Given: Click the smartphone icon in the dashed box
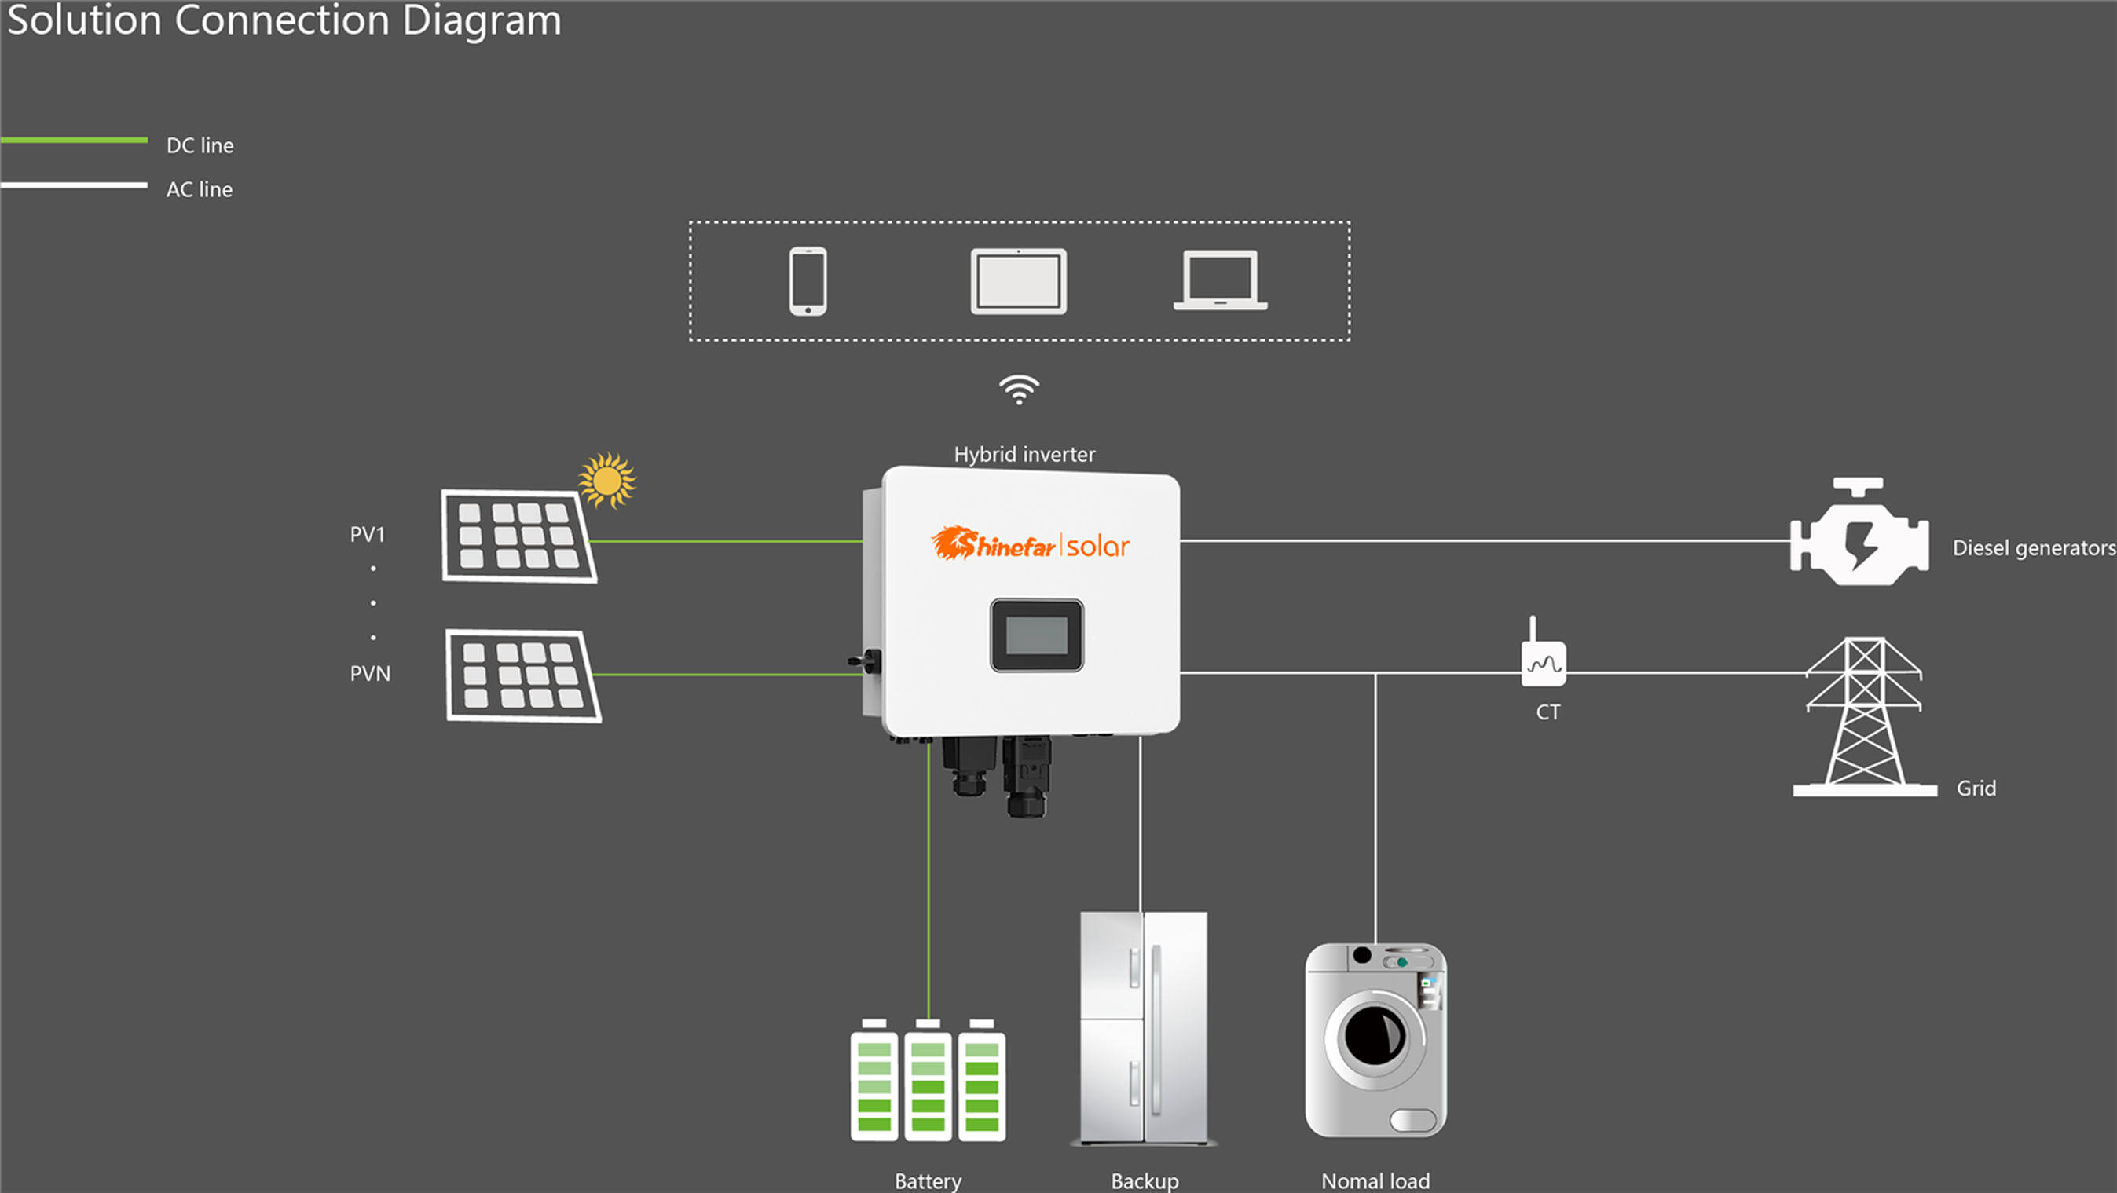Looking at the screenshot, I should pos(808,281).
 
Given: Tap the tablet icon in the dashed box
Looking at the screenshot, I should pos(1018,281).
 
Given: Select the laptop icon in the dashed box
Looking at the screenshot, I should pos(1220,281).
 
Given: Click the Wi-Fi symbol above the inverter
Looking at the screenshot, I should pos(1019,390).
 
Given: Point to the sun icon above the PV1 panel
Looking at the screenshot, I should pos(607,480).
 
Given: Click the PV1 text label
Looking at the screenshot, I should pos(368,535).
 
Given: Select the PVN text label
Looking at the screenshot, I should pos(370,674).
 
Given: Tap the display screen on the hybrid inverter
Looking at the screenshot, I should pos(1036,635).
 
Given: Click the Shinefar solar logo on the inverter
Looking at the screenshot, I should pos(1031,545).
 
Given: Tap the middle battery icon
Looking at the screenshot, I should pos(928,1081).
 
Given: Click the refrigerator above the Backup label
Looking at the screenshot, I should pos(1143,1027).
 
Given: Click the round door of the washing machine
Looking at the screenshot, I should pos(1374,1037).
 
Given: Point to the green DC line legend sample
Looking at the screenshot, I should pos(74,141).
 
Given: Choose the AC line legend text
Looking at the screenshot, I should pos(199,190).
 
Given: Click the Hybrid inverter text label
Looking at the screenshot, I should pos(1024,455).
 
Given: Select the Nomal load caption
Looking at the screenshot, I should pos(1375,1180).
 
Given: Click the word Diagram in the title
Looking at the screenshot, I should pos(481,20).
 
